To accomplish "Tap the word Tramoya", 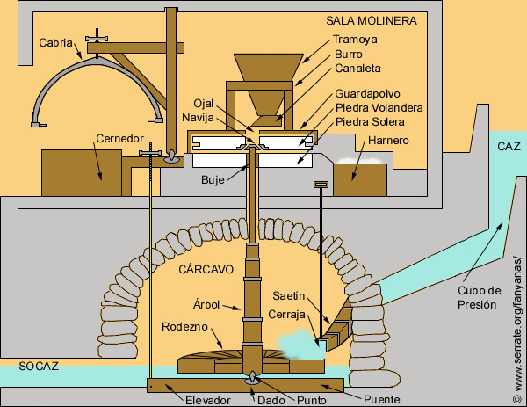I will point(355,40).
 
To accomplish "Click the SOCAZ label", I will point(40,364).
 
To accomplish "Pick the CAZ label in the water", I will point(509,146).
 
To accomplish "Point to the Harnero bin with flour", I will point(361,179).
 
